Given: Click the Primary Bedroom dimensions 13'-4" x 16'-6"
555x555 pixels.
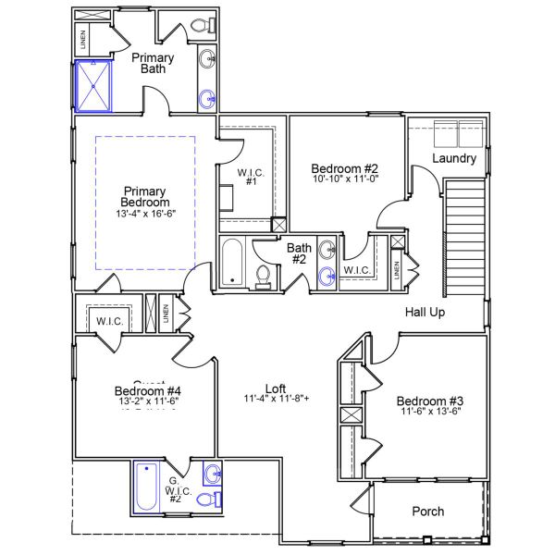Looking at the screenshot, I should point(145,214).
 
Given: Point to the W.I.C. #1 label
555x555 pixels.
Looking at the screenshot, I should point(252,177).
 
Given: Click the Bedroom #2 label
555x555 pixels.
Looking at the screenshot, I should point(345,168).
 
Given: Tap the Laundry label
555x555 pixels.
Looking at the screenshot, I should point(454,158).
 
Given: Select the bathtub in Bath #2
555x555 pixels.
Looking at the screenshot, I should point(231,263).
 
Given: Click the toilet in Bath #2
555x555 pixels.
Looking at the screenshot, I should point(264,276).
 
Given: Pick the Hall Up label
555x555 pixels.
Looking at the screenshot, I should point(425,312).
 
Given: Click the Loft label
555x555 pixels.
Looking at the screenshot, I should point(276,388).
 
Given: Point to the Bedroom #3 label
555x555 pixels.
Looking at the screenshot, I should point(430,401).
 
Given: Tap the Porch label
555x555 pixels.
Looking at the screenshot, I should point(427,511).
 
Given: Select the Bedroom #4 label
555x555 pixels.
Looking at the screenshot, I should point(147,390).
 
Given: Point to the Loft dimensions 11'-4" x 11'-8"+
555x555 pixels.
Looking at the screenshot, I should point(277,400).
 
